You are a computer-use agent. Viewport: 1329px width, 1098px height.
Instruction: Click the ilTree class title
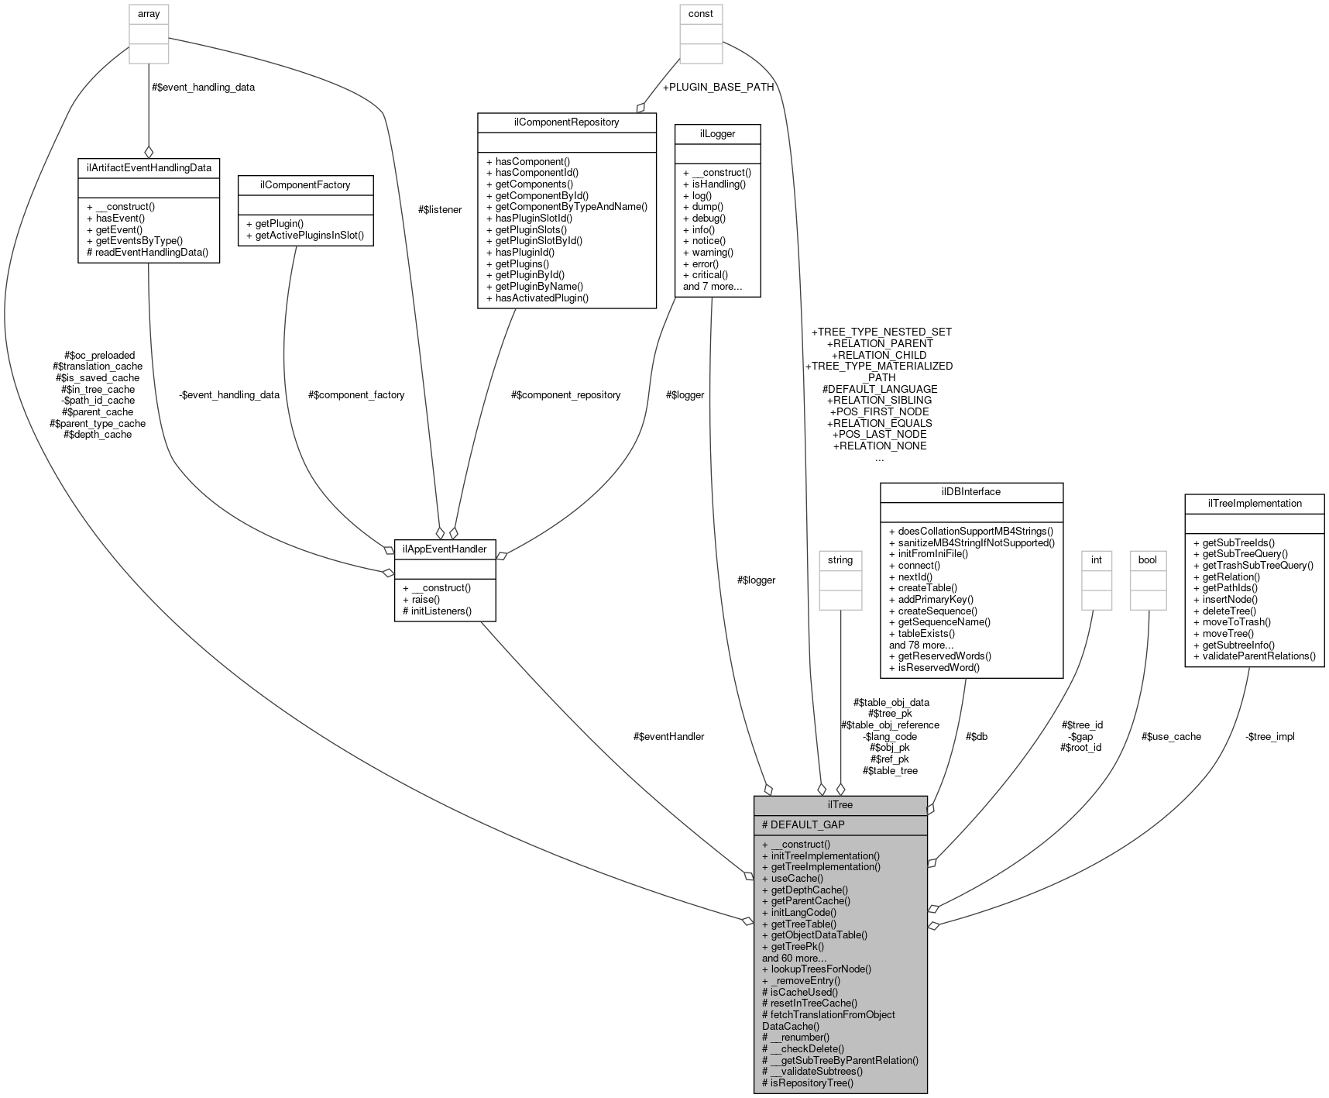coord(840,805)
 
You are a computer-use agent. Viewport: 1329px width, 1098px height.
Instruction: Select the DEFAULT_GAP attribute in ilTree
coord(804,825)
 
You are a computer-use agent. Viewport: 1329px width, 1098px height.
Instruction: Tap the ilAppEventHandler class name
coord(445,549)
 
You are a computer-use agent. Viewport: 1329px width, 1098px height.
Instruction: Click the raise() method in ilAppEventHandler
coord(421,600)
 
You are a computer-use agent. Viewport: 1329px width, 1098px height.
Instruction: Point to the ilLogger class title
coord(717,134)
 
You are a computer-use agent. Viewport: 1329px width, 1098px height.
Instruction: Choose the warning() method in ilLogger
coord(708,253)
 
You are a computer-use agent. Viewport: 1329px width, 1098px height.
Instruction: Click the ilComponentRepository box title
coord(567,122)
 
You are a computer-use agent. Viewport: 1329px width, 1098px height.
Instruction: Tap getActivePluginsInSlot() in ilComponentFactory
coord(305,236)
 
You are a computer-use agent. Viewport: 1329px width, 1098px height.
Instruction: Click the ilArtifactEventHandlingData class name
coord(149,167)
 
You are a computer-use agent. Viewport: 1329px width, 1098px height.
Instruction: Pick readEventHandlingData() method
coord(147,253)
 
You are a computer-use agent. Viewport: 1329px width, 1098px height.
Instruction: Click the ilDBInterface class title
coord(971,492)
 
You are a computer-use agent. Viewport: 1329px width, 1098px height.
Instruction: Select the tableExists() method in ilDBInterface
coord(922,634)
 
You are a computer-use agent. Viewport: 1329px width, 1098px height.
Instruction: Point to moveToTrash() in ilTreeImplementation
coord(1231,622)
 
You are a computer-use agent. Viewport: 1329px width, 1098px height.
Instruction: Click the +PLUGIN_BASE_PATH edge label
coord(718,88)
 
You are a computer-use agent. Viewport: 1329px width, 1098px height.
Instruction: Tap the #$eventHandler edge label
coord(668,737)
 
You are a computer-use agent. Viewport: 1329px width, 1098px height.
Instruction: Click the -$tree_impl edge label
coord(1269,737)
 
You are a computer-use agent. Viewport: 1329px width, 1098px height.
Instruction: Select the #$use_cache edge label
coord(1171,737)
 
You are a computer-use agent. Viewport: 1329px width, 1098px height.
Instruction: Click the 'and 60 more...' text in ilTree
coord(794,958)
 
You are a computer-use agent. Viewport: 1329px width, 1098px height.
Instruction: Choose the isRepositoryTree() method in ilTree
coord(808,1083)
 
